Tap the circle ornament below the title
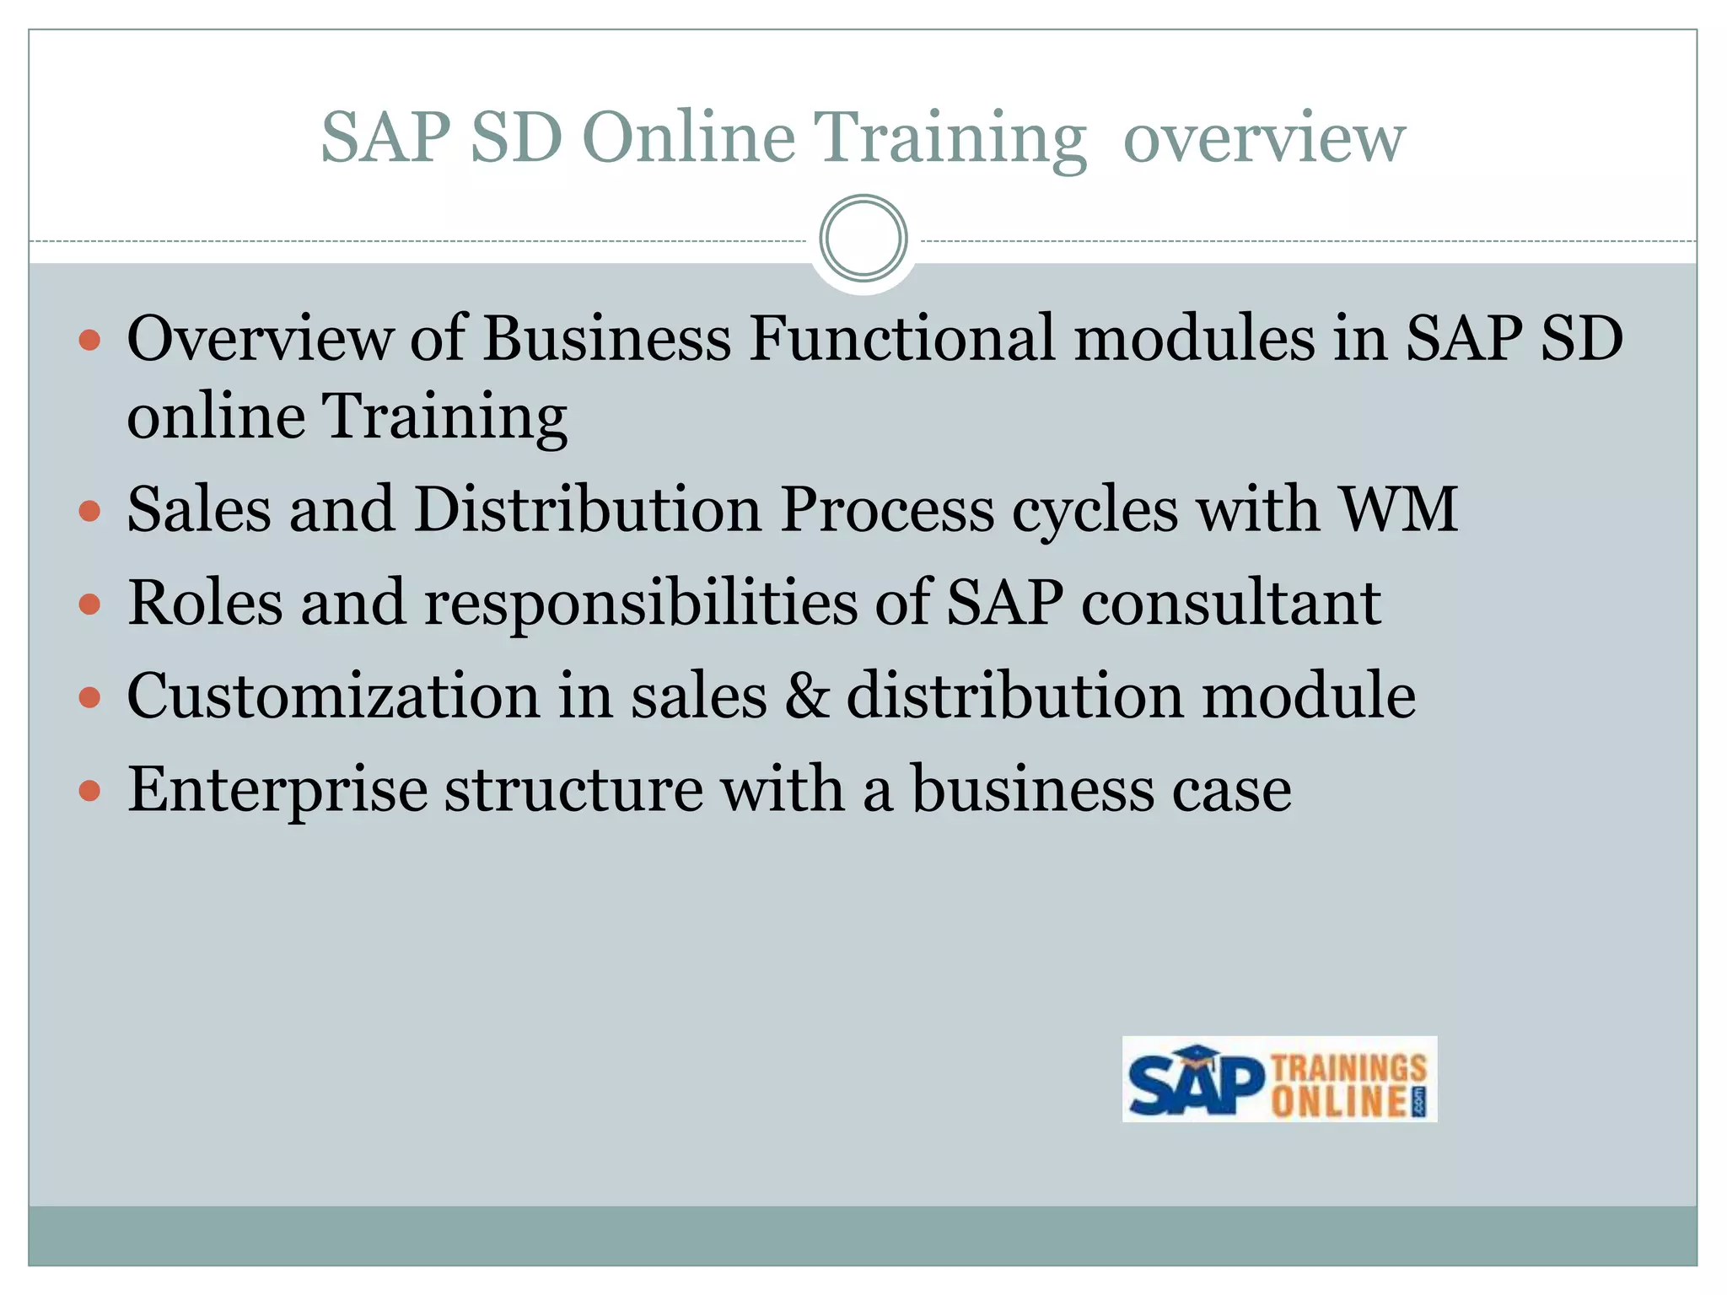click(863, 238)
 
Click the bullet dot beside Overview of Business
click(89, 341)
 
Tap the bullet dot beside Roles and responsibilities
click(89, 605)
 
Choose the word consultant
click(1230, 604)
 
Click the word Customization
click(333, 696)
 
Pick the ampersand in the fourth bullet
click(807, 696)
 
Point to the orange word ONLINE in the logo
click(1339, 1102)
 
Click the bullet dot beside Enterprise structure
click(89, 792)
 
